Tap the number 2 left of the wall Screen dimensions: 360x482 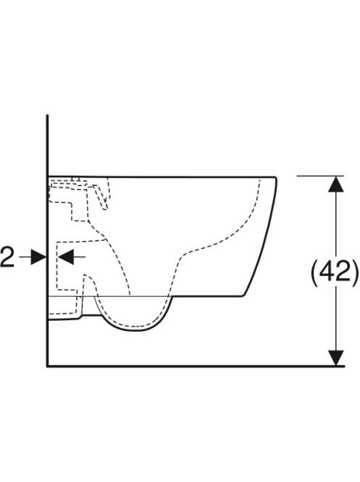click(x=7, y=257)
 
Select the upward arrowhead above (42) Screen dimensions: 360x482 click(x=336, y=184)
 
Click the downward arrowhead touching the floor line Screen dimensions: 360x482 click(x=336, y=358)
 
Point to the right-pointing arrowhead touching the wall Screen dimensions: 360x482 click(x=38, y=257)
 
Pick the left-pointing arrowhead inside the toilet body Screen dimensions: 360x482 click(x=66, y=257)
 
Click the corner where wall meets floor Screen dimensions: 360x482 click(x=47, y=366)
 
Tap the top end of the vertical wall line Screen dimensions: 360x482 click(x=47, y=115)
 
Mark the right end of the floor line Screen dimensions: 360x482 click(x=345, y=366)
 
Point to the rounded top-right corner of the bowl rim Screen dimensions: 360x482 click(x=276, y=179)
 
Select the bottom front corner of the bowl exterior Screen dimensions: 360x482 click(x=243, y=296)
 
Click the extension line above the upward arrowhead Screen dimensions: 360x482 click(x=320, y=176)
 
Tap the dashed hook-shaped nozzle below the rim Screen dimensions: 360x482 click(x=102, y=197)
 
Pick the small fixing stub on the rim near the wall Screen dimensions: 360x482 click(x=75, y=179)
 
